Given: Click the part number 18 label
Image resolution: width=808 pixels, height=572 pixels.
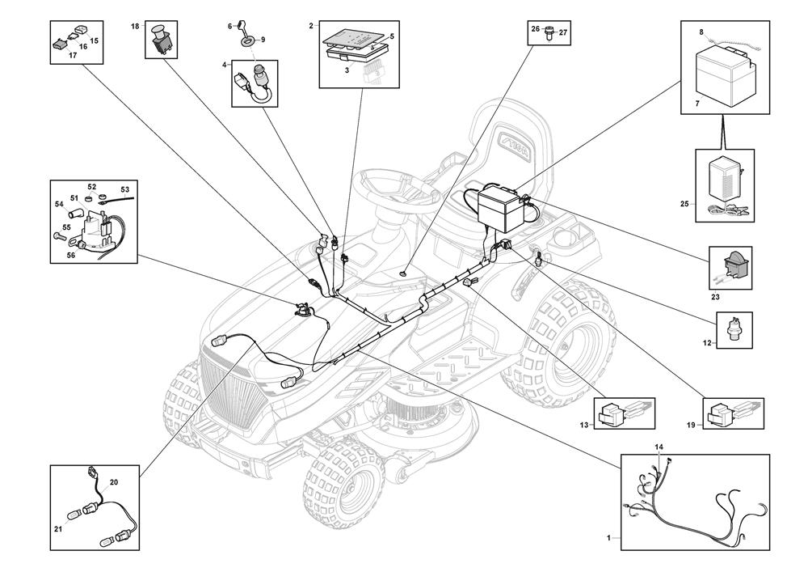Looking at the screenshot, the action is [x=135, y=27].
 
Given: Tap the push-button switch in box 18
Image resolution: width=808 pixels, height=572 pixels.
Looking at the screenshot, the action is [x=162, y=39].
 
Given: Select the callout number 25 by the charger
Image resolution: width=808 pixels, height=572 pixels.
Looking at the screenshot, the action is [x=684, y=204].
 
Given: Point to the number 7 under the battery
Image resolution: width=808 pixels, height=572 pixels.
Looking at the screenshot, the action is [x=698, y=104].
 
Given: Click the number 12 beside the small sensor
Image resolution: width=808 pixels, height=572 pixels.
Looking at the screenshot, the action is [x=707, y=343].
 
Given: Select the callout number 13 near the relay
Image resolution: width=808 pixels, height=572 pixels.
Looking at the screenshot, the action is [x=584, y=425].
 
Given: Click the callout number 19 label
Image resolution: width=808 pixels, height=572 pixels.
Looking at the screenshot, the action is [x=692, y=425].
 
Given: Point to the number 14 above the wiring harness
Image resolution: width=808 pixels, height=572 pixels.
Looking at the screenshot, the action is [x=659, y=447].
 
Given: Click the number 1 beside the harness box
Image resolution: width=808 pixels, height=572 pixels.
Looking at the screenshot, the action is [x=608, y=538].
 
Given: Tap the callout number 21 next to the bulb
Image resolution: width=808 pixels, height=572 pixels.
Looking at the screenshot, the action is [x=58, y=529].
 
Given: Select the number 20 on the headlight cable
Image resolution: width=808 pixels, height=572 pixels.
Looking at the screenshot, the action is [x=114, y=482].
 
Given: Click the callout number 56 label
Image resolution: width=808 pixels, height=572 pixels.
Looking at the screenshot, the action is [x=70, y=255].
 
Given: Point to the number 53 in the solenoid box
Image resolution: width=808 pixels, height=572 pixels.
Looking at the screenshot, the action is [x=125, y=189].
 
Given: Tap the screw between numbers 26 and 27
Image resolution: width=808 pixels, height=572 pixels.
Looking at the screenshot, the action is [x=549, y=32].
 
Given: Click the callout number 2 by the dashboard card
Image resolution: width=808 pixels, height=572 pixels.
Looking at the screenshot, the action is [x=311, y=25].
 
